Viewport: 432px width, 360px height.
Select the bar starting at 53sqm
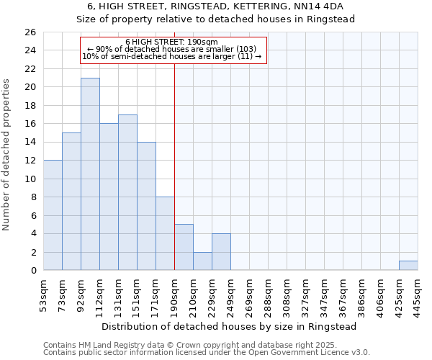pos(53,215)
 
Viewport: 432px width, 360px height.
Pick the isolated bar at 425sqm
pos(408,266)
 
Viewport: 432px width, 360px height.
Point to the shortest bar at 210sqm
pos(202,261)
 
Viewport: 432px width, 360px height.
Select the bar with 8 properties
pos(165,233)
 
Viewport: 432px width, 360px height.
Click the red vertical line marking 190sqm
pos(174,180)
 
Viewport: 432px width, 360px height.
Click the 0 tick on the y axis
pos(32,271)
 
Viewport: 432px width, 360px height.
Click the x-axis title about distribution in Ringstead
pos(228,326)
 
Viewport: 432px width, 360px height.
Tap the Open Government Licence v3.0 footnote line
pos(207,352)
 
